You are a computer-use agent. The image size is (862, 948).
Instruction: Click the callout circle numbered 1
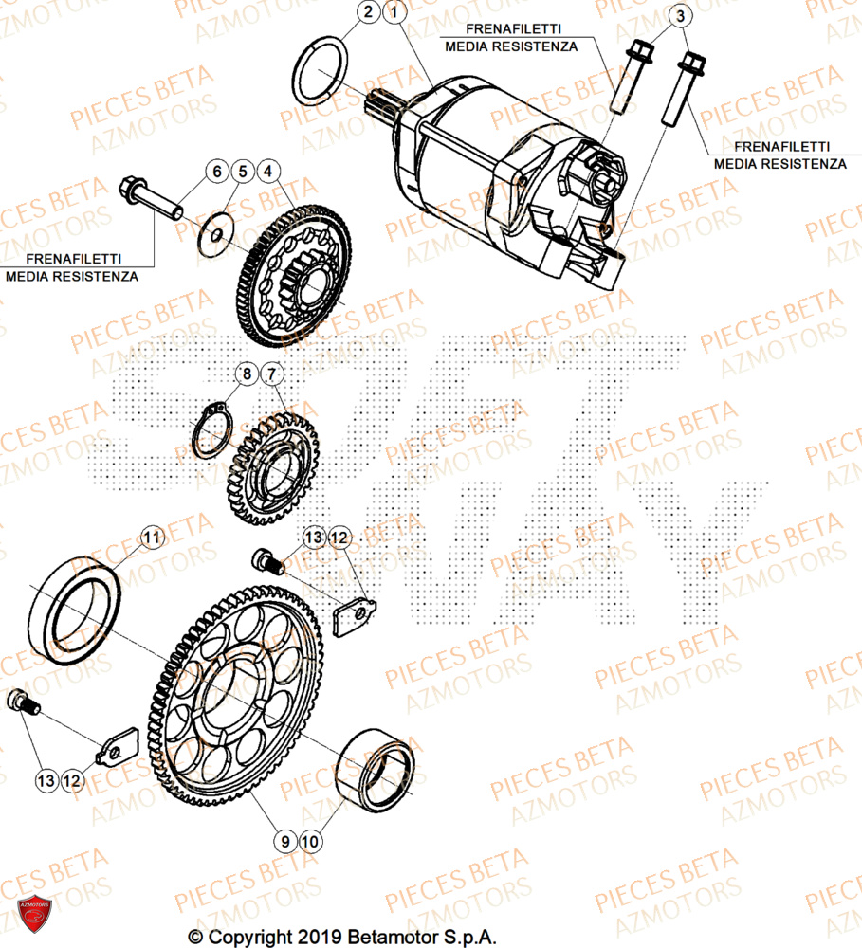pyautogui.click(x=394, y=13)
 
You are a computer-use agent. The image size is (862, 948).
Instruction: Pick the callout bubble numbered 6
pyautogui.click(x=217, y=172)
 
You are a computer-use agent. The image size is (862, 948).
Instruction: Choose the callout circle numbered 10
pyautogui.click(x=309, y=839)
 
